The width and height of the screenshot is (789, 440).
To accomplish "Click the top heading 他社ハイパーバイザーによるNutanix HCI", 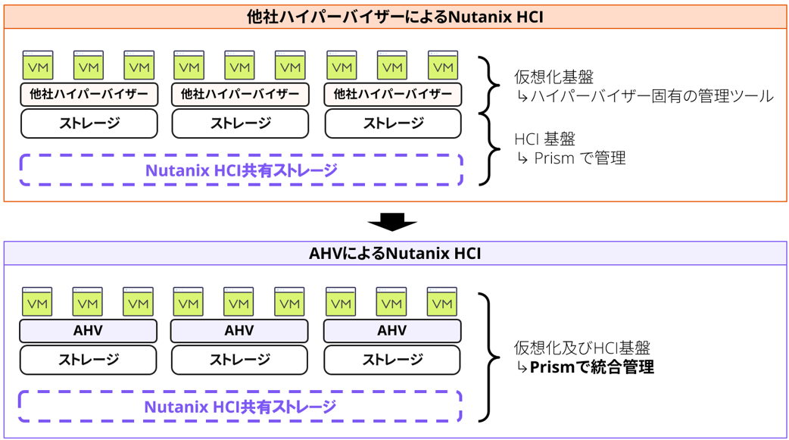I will pyautogui.click(x=394, y=16).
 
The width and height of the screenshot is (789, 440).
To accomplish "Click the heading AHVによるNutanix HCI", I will pyautogui.click(x=394, y=253).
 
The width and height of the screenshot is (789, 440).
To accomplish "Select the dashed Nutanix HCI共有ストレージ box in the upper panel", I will pyautogui.click(x=241, y=170).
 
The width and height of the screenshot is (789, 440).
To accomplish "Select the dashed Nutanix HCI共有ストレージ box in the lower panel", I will pyautogui.click(x=240, y=407).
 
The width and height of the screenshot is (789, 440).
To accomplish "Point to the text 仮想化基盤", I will pyautogui.click(x=554, y=77).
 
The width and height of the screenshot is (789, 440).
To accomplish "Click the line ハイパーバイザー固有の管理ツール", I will pyautogui.click(x=644, y=96).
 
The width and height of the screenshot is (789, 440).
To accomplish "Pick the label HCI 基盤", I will pyautogui.click(x=544, y=139).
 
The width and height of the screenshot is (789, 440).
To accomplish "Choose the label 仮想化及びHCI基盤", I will pyautogui.click(x=582, y=348).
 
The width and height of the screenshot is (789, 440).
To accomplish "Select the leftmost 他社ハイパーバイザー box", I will pyautogui.click(x=89, y=95).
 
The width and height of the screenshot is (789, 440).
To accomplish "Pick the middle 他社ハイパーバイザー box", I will pyautogui.click(x=240, y=95).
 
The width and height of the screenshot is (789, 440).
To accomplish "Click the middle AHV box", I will pyautogui.click(x=239, y=331).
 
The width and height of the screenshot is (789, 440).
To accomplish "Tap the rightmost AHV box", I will pyautogui.click(x=391, y=331).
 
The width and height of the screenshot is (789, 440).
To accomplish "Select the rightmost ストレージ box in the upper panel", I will pyautogui.click(x=392, y=123).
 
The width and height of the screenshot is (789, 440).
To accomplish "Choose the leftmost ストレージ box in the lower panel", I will pyautogui.click(x=88, y=360).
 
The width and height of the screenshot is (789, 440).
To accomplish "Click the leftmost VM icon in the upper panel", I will pyautogui.click(x=38, y=66).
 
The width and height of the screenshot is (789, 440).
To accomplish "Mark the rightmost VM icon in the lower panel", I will pyautogui.click(x=441, y=302).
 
